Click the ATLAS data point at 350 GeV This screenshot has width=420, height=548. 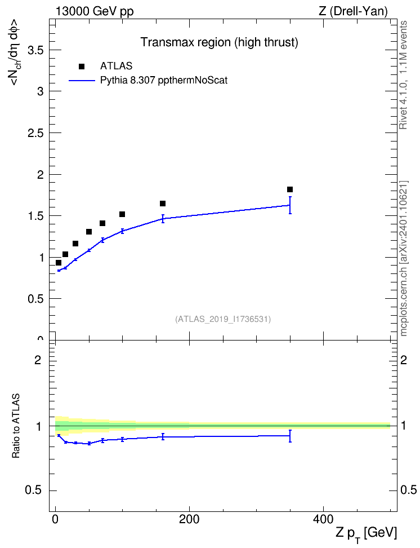pyautogui.click(x=290, y=189)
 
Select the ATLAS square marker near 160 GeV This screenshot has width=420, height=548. pyautogui.click(x=163, y=204)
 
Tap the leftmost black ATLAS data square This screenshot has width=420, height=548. pyautogui.click(x=59, y=263)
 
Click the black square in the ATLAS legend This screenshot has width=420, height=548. pyautogui.click(x=82, y=67)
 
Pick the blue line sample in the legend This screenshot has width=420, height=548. pyautogui.click(x=82, y=81)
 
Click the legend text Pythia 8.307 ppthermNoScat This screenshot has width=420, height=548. pyautogui.click(x=164, y=81)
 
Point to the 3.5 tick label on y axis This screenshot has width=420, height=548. pyautogui.click(x=35, y=50)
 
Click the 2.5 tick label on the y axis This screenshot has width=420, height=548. pyautogui.click(x=35, y=133)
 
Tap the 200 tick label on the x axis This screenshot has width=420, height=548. pyautogui.click(x=189, y=519)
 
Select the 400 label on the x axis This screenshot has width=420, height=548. pyautogui.click(x=323, y=519)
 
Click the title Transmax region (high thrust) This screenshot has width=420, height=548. pyautogui.click(x=219, y=42)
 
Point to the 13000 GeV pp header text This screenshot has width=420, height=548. pyautogui.click(x=95, y=11)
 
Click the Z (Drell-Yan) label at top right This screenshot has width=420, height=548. pyautogui.click(x=353, y=11)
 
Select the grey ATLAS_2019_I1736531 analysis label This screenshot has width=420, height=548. pyautogui.click(x=223, y=319)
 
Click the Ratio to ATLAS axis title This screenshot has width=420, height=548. pyautogui.click(x=16, y=426)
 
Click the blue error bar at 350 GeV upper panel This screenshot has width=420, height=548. pyautogui.click(x=290, y=205)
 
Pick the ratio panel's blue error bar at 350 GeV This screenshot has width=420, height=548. pyautogui.click(x=290, y=436)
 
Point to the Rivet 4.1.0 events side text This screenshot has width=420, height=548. pyautogui.click(x=403, y=75)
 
